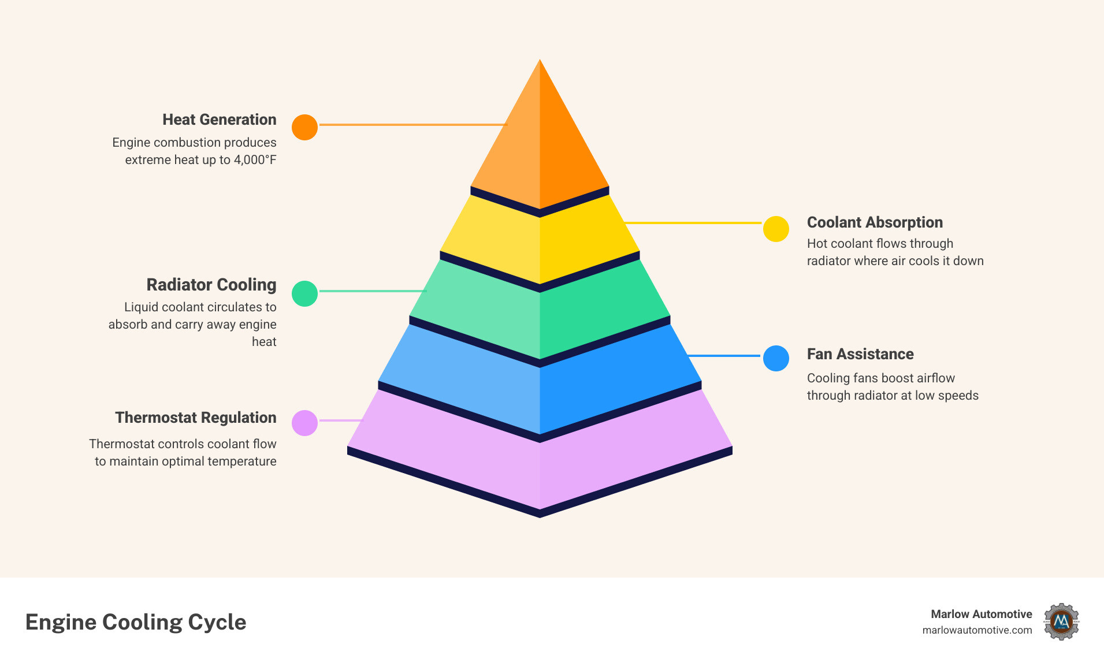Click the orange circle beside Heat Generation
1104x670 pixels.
click(x=304, y=127)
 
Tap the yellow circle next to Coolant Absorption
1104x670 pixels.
click(x=776, y=229)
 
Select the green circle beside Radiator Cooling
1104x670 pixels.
click(x=304, y=293)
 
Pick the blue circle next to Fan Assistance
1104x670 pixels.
click(x=776, y=358)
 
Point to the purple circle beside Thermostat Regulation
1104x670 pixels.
click(x=304, y=423)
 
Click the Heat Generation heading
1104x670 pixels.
click(x=219, y=120)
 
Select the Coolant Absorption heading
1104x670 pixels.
click(x=875, y=222)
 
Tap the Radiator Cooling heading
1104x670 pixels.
click(x=211, y=285)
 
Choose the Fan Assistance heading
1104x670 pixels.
click(x=860, y=354)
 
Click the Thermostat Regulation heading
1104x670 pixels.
click(x=195, y=418)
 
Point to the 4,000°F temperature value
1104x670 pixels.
click(x=255, y=160)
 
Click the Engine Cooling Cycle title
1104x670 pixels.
click(x=136, y=622)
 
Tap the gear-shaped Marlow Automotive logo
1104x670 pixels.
click(x=1061, y=621)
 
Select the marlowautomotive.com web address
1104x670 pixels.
click(x=977, y=630)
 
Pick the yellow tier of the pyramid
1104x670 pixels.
click(x=540, y=243)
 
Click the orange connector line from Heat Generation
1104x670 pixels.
click(x=412, y=124)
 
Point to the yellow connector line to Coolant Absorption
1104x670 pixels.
click(x=693, y=222)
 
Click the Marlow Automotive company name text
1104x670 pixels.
click(x=981, y=614)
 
